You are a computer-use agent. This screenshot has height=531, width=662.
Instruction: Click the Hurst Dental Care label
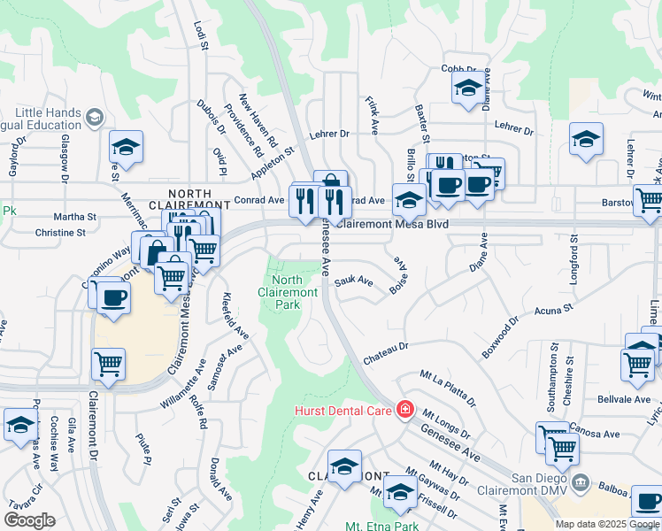[344, 409]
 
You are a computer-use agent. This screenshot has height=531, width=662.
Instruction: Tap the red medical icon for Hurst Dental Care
[404, 409]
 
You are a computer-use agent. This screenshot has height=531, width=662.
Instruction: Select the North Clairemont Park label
[289, 292]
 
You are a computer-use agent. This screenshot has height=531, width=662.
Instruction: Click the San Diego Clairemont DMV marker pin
[580, 482]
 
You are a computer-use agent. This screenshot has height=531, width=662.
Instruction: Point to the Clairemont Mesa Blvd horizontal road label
[392, 225]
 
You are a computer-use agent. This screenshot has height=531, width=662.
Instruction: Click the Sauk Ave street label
[354, 282]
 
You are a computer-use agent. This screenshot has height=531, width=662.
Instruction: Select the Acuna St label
[555, 311]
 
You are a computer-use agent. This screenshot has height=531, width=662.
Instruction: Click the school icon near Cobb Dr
[466, 88]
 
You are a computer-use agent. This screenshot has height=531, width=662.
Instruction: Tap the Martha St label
[74, 217]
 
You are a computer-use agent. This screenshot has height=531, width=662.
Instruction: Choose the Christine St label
[59, 233]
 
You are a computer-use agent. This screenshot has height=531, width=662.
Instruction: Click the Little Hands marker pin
[95, 116]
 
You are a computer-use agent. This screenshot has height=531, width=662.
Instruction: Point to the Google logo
[29, 520]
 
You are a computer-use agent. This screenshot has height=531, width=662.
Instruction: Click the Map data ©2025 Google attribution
[606, 524]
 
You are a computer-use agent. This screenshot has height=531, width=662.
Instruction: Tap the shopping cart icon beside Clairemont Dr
[108, 363]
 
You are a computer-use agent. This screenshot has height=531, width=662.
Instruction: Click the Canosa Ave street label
[599, 434]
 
